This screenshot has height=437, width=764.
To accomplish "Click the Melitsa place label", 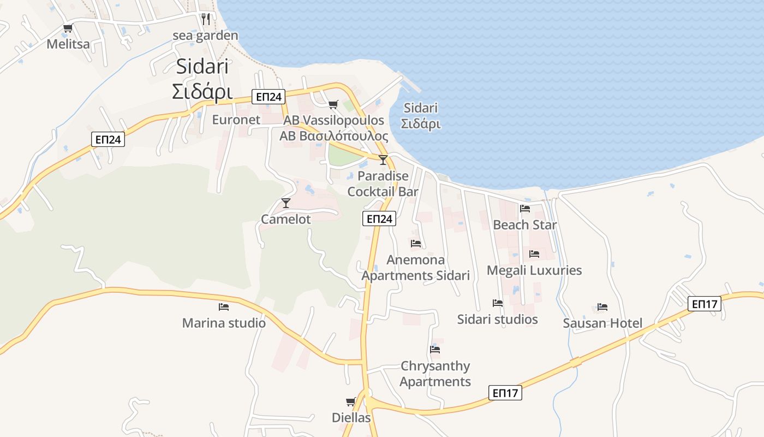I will [68, 44].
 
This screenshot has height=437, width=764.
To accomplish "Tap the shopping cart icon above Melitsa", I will [68, 28].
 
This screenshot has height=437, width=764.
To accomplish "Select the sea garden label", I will [205, 36].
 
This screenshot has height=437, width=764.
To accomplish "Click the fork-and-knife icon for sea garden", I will [205, 19].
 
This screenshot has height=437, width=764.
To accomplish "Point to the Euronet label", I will [236, 120].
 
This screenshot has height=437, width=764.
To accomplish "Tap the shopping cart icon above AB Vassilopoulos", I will [333, 104].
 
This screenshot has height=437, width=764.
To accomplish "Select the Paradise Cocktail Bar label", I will [383, 184].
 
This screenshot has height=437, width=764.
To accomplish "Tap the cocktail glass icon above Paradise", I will [383, 160].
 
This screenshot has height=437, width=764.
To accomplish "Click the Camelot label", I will [286, 220].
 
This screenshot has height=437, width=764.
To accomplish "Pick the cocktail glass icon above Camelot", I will [285, 203].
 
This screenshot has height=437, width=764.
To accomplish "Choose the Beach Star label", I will [525, 225].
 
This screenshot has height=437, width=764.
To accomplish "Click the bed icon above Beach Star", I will [525, 208].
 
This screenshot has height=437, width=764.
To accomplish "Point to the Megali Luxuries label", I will [534, 270].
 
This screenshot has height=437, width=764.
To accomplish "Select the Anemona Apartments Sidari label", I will [416, 268].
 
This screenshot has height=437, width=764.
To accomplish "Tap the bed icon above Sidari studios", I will [497, 303].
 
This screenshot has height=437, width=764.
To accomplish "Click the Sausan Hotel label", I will [602, 323].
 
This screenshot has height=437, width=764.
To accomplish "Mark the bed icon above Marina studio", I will [223, 307].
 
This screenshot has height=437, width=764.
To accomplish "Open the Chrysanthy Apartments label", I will [435, 374].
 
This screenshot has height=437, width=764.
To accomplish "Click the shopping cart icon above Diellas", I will [351, 402].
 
